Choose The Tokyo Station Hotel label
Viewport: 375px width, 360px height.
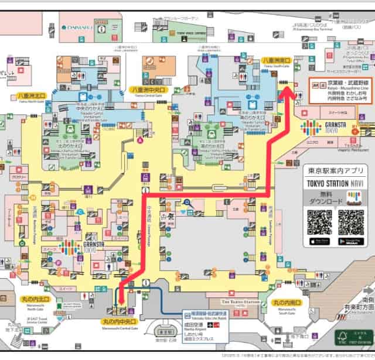(240, 301)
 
